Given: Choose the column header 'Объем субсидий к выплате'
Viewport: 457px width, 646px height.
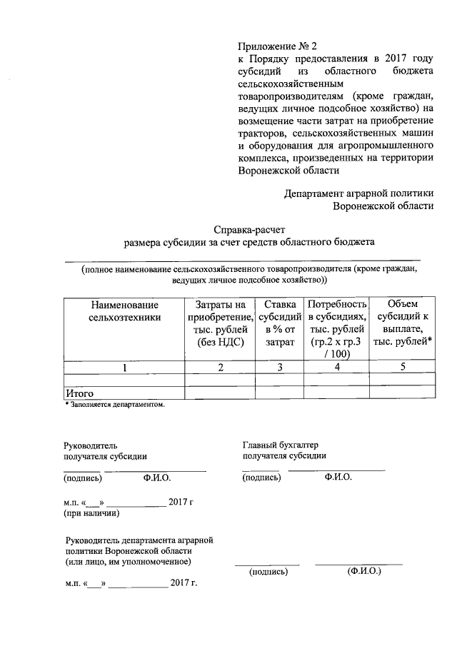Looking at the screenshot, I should [404, 322].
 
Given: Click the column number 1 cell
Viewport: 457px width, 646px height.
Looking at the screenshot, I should [124, 367].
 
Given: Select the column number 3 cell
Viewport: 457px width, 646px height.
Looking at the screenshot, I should [280, 367].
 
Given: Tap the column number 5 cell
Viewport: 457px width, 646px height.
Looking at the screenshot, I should [403, 367].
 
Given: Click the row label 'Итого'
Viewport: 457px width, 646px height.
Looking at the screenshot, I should [79, 393].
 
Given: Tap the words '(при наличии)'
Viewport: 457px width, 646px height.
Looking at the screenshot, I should [91, 513].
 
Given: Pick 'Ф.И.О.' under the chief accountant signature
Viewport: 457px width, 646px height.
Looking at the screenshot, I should [338, 477].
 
